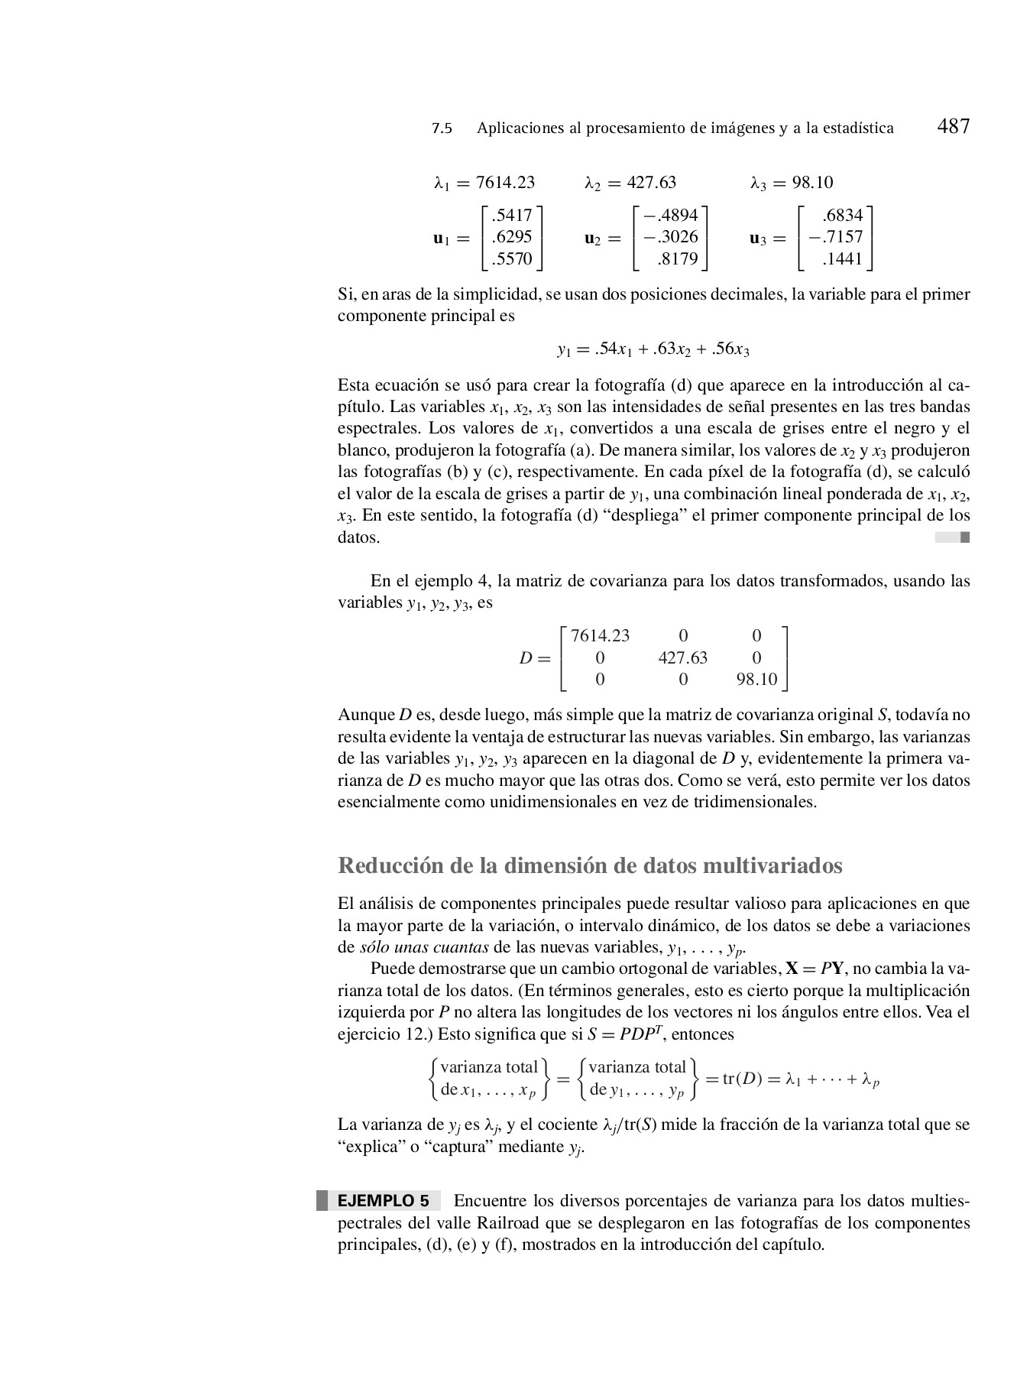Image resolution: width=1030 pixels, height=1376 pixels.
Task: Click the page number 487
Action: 953,126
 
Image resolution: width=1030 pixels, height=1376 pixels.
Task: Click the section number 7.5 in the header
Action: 442,128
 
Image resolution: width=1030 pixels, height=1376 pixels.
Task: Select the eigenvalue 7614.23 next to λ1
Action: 504,183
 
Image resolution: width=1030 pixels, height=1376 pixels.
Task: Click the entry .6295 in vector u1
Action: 511,237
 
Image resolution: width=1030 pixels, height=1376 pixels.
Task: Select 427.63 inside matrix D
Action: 682,657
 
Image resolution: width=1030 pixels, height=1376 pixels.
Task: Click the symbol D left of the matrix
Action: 525,657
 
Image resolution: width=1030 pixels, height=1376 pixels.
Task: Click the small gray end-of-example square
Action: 964,537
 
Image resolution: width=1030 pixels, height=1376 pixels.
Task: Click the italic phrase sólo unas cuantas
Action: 424,948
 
